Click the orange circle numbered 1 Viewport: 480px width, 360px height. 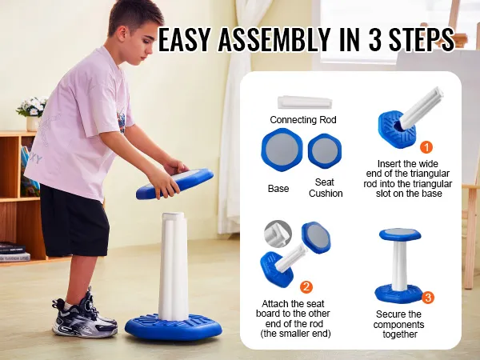click(426, 147)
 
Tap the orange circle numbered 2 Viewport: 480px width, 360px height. click(306, 287)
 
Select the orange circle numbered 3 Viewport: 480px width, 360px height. click(428, 298)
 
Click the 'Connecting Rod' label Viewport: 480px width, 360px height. click(303, 119)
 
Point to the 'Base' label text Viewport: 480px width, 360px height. click(278, 188)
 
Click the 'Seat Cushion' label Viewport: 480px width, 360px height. click(326, 188)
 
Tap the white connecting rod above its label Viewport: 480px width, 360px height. click(305, 102)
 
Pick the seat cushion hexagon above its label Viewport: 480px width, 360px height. click(325, 150)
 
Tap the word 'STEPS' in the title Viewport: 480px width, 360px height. click(422, 39)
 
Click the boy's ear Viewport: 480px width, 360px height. click(122, 33)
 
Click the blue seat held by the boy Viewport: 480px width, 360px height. click(174, 183)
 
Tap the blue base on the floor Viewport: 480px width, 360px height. click(174, 326)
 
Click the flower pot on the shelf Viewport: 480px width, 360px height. click(33, 123)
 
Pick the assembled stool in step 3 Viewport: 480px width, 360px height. click(399, 266)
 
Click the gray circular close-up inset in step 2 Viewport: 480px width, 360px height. click(278, 234)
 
